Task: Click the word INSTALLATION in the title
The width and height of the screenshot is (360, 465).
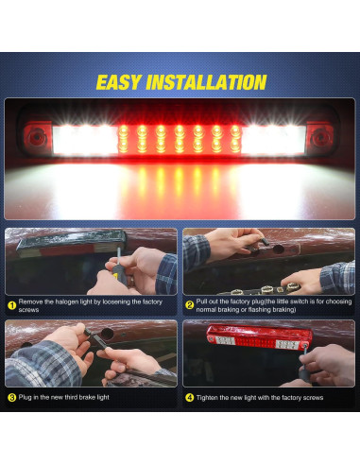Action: coord(206,82)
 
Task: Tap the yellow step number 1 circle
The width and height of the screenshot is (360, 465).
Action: coord(11,305)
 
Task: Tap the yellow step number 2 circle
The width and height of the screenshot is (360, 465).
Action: coord(189,305)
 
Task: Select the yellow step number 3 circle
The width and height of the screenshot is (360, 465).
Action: coord(11,398)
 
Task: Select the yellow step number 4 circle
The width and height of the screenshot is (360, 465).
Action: coord(189,398)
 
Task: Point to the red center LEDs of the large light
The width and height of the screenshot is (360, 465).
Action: coord(180,140)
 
